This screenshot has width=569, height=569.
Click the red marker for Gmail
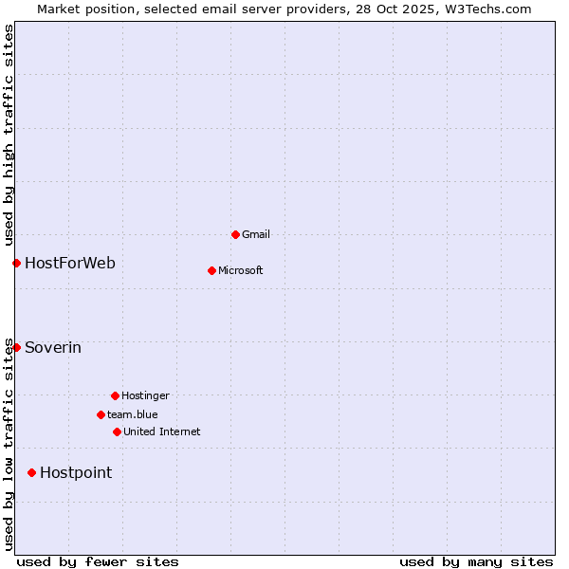[x=235, y=234]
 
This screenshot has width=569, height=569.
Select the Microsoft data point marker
[x=211, y=270]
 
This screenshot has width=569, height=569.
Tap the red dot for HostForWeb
[x=16, y=263]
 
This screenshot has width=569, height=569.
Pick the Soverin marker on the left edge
[x=16, y=347]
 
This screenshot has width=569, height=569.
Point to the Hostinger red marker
[x=115, y=395]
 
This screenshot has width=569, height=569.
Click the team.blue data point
[x=101, y=414]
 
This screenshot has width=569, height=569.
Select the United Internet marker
[x=117, y=431]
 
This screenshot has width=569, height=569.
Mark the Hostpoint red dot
[x=31, y=472]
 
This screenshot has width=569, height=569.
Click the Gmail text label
[x=256, y=234]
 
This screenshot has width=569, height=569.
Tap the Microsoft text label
[x=240, y=270]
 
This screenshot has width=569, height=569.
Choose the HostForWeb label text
[x=70, y=263]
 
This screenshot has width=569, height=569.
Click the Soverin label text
[x=53, y=347]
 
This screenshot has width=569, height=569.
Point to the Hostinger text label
[x=145, y=395]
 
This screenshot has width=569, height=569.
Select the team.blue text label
[x=132, y=414]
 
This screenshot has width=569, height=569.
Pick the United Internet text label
[x=161, y=431]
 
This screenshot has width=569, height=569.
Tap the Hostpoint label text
[x=76, y=472]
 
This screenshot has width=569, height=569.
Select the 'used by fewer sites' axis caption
[x=98, y=561]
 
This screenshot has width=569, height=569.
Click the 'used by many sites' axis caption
[x=476, y=561]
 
